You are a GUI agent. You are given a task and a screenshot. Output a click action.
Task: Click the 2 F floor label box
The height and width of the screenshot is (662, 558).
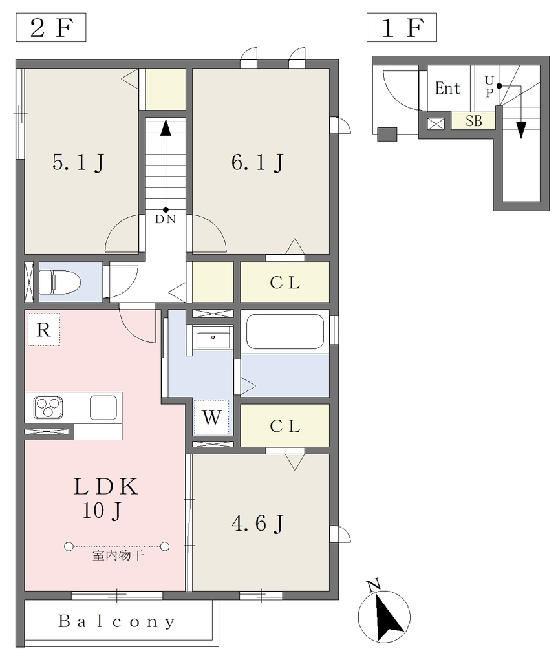(50, 27)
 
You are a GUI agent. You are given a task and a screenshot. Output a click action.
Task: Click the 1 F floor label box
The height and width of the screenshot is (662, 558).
(402, 27)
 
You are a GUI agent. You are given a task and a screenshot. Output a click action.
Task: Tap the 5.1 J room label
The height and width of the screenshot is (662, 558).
(79, 162)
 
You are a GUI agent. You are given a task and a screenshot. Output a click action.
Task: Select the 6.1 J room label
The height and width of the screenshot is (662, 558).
(257, 162)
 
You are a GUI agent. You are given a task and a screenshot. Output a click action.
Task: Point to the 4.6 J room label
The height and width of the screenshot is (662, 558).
(258, 524)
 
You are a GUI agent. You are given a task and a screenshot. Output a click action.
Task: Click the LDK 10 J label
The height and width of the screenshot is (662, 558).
(105, 498)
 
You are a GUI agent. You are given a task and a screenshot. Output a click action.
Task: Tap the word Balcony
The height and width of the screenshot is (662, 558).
(116, 621)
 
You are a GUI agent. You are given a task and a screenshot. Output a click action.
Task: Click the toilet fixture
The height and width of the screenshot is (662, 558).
(60, 282)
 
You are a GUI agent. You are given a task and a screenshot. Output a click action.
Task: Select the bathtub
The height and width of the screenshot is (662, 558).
(284, 332)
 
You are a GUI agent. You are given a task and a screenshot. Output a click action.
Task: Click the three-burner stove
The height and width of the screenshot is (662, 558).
(48, 407)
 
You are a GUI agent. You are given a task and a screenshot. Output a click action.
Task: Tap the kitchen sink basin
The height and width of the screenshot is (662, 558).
(103, 407)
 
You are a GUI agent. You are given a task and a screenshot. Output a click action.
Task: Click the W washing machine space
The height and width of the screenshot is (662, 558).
(211, 418)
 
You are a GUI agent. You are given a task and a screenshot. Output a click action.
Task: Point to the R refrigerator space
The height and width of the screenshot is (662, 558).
(43, 329)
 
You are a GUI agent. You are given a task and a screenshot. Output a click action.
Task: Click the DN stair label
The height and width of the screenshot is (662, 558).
(166, 219)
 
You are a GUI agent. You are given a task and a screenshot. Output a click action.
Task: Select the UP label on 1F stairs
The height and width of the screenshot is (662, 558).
(489, 86)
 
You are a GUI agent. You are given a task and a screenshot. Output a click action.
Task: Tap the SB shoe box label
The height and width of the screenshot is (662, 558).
(473, 121)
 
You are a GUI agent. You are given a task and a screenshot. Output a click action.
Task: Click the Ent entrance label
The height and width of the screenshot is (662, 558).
(447, 88)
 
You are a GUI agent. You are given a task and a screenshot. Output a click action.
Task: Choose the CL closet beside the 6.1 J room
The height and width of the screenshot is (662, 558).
(285, 283)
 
